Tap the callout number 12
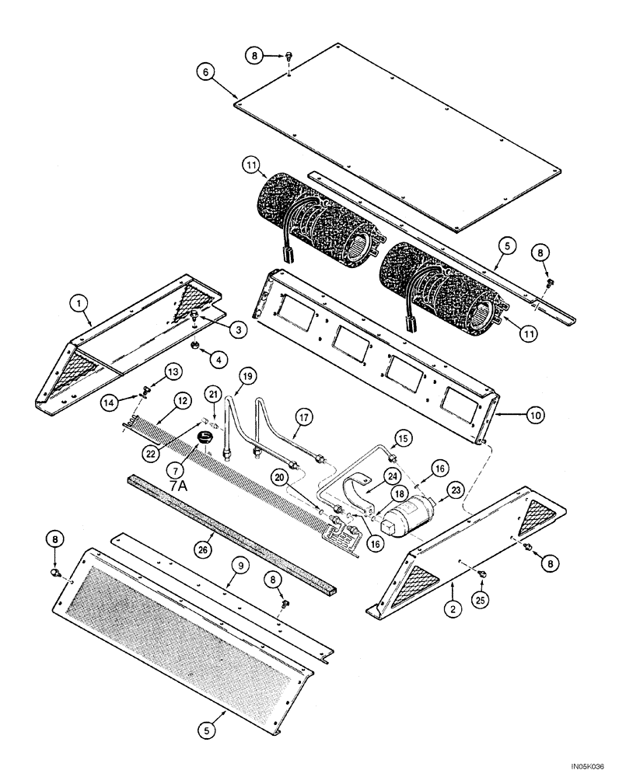point(180,400)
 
